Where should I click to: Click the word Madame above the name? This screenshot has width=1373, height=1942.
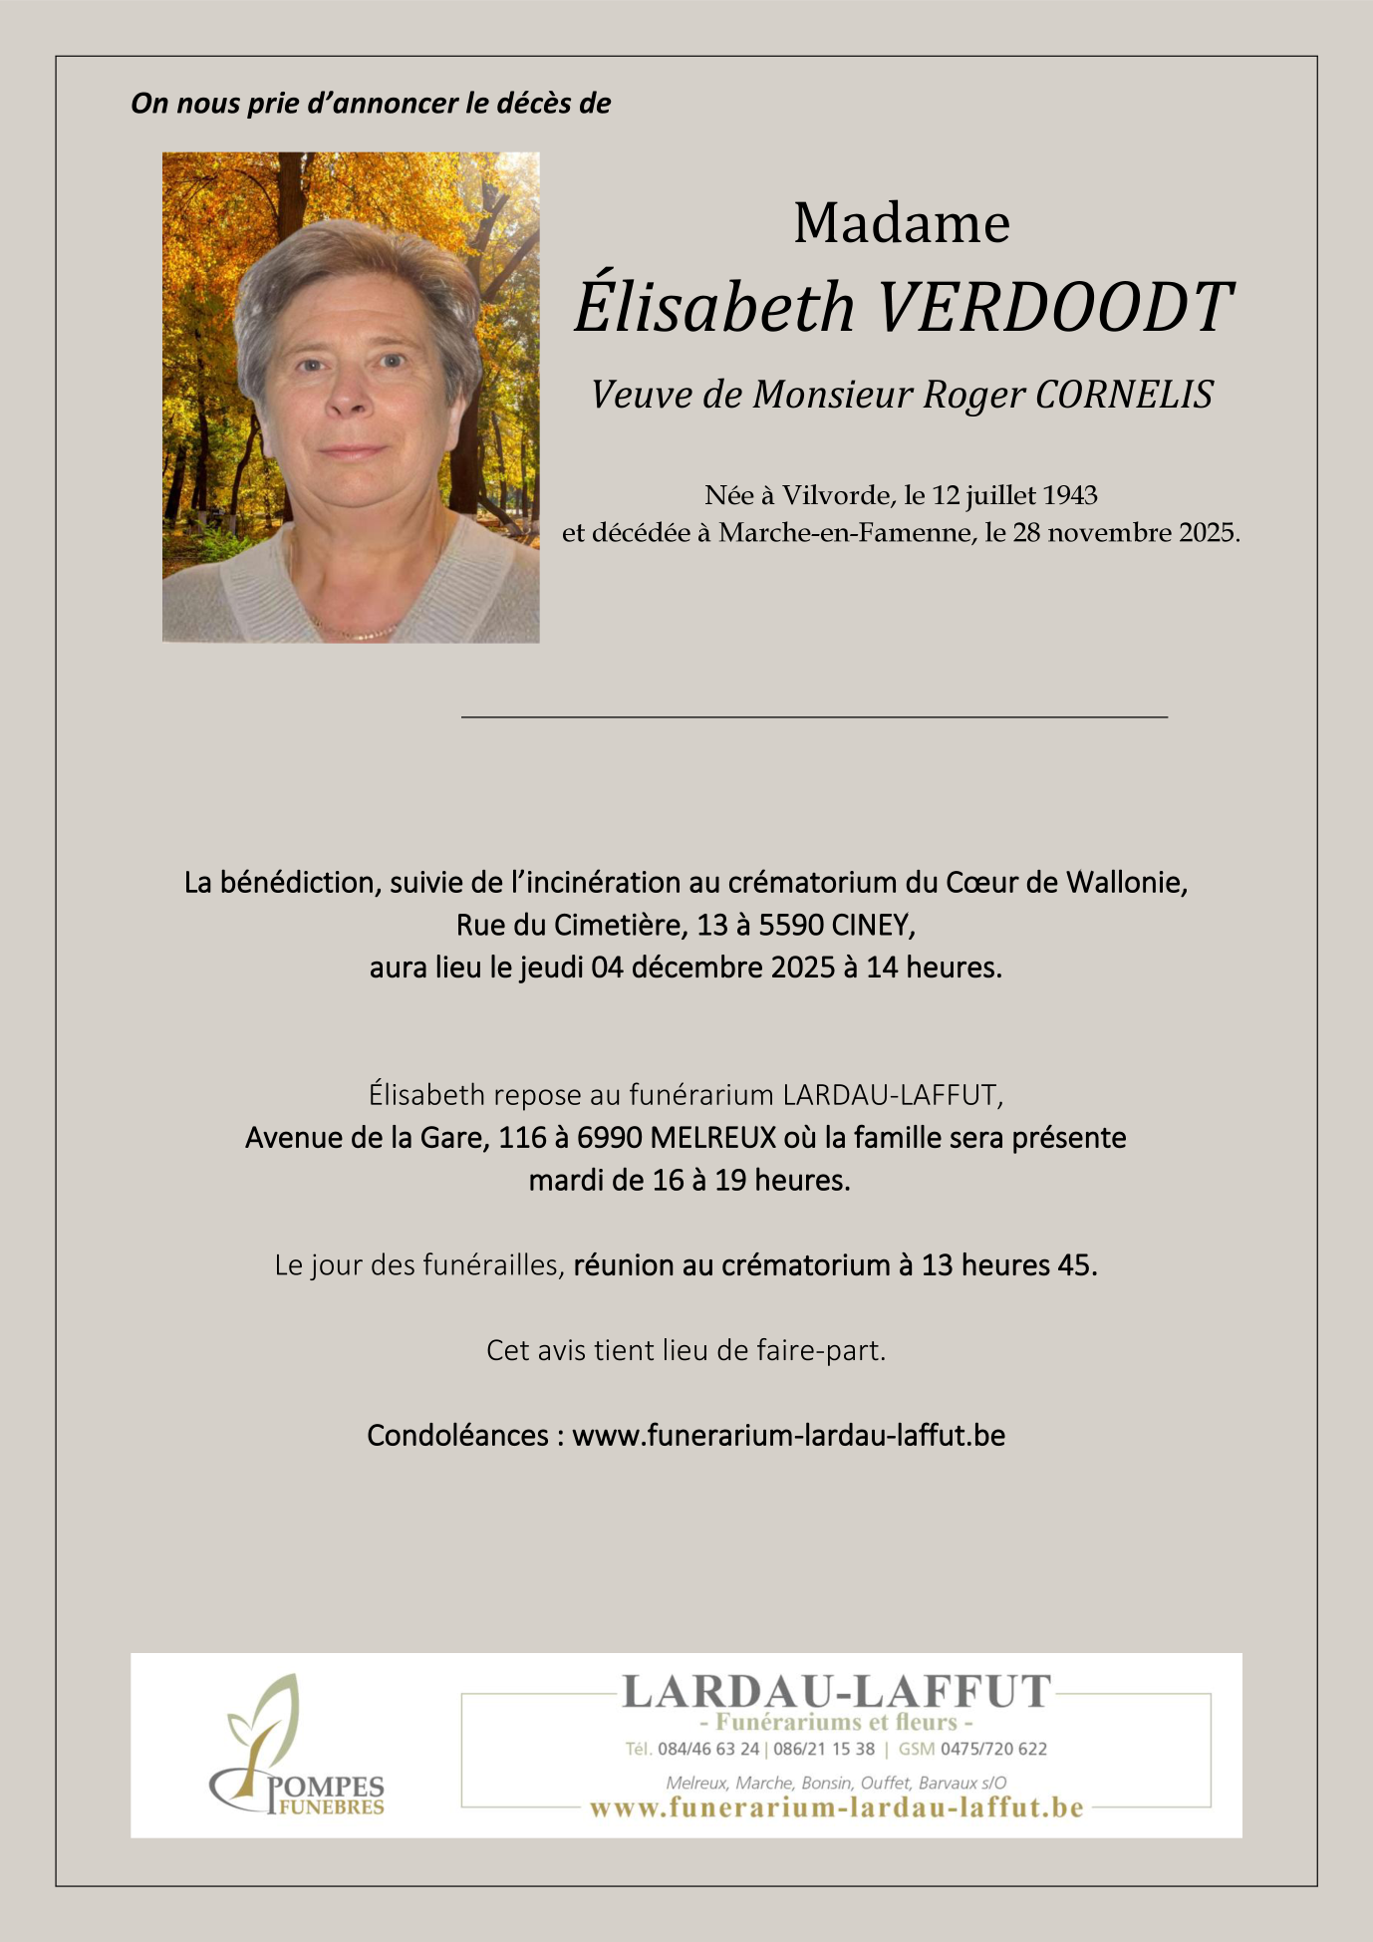point(901,223)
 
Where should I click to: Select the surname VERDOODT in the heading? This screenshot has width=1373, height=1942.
point(1054,307)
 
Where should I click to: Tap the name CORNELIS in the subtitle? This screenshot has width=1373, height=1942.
point(1124,395)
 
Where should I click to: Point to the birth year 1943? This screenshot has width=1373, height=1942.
point(1071,495)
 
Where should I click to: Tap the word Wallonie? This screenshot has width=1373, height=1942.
point(1126,883)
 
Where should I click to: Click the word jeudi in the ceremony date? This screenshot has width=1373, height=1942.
point(551,968)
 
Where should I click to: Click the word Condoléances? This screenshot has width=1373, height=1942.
point(458,1436)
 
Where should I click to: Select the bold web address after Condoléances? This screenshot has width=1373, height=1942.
point(788,1436)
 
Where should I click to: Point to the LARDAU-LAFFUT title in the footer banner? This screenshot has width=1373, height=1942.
point(836,1692)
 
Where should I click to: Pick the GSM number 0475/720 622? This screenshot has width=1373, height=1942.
point(993,1749)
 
